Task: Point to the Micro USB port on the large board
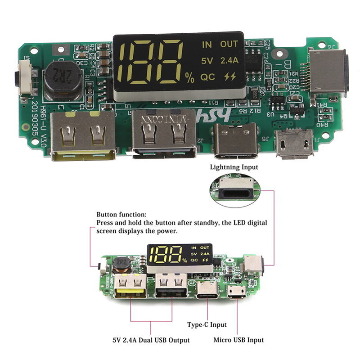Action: tap(294, 144)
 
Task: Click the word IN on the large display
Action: tap(207, 45)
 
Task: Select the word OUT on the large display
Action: tap(229, 45)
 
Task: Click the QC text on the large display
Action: tap(207, 77)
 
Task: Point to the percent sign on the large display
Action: tap(189, 79)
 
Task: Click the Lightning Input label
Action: tap(234, 167)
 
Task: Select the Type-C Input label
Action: tap(207, 324)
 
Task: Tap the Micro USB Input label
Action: tap(238, 340)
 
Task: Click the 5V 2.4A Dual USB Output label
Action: tap(151, 340)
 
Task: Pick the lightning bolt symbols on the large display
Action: tap(229, 77)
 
